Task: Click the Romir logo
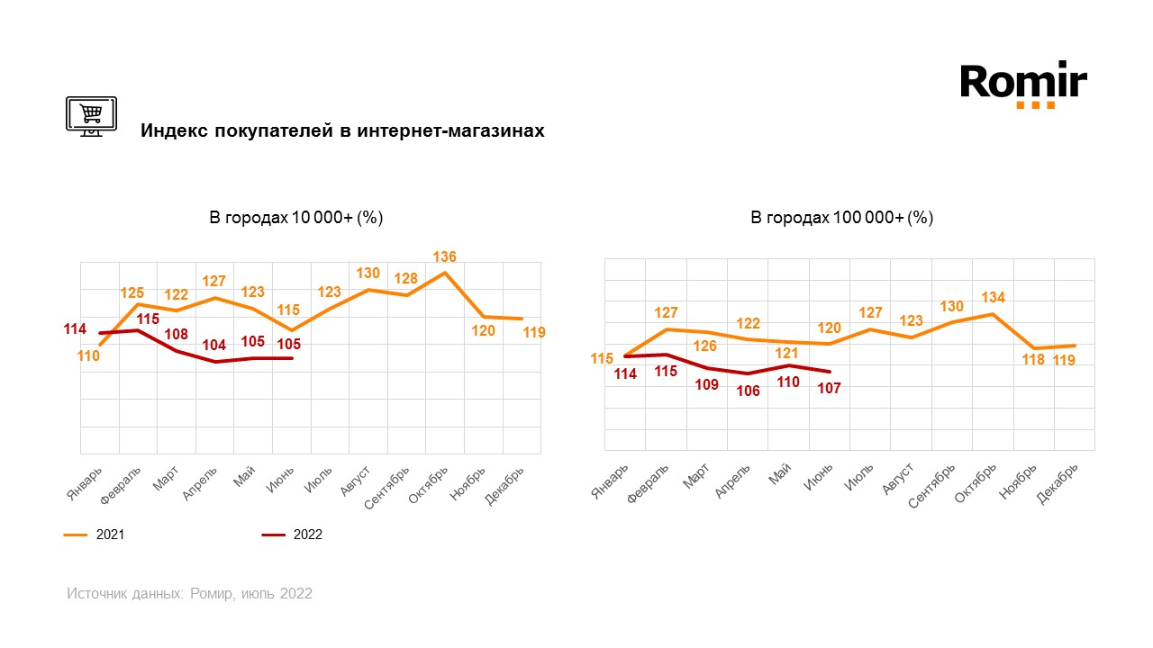tap(1023, 84)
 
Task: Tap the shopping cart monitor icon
tap(91, 115)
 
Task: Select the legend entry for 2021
tap(95, 535)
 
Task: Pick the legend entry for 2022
tap(292, 535)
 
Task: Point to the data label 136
tap(444, 257)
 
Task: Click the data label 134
tap(993, 298)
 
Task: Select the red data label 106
tap(748, 391)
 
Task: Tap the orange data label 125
tap(133, 292)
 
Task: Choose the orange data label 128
tap(406, 278)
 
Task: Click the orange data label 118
tap(1032, 360)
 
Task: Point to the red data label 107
tap(829, 389)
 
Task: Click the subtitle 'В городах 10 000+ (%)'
tap(296, 218)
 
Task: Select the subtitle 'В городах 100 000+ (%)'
tap(841, 218)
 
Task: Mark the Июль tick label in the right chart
tap(859, 475)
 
